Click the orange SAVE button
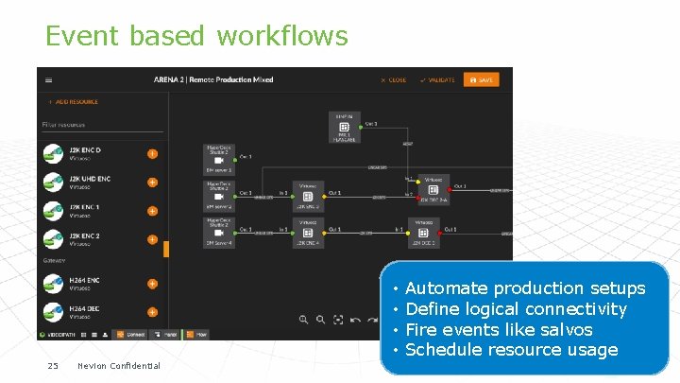pos(481,79)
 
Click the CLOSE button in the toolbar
pos(393,79)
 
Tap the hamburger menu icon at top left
pos(49,79)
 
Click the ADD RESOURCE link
pos(73,101)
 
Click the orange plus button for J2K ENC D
pos(152,153)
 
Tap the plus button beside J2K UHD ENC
pos(152,182)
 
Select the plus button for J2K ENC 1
pos(152,210)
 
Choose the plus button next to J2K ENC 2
pos(152,239)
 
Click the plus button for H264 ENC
pos(152,283)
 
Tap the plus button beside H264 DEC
pos(152,311)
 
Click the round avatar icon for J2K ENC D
pos(52,153)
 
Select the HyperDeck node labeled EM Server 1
pos(219,158)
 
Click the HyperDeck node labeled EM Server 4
pos(219,231)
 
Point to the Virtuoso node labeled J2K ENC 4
pos(307,231)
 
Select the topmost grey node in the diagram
pos(344,126)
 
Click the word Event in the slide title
pos(81,36)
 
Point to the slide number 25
pos(53,366)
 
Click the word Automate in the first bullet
pos(447,288)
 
